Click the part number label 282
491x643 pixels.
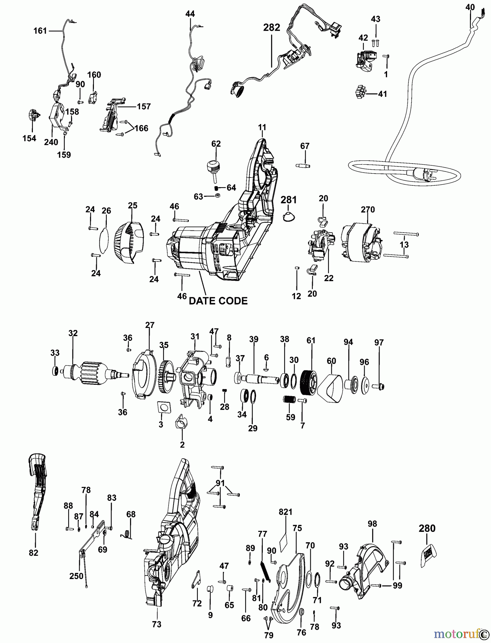click(x=271, y=28)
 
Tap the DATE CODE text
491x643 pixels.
click(x=218, y=301)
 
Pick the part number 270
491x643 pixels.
click(x=367, y=209)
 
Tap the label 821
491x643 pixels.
click(x=285, y=512)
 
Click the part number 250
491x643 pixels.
click(x=76, y=576)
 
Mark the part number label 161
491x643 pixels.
click(x=40, y=31)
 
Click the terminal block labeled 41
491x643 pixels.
click(x=361, y=93)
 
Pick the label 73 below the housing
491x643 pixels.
click(x=156, y=624)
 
